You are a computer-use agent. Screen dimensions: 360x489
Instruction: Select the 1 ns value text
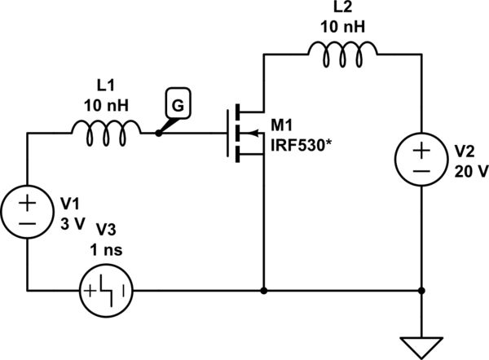105,250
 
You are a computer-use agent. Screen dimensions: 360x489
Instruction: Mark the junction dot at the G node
158,130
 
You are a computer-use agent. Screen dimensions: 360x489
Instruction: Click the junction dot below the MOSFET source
263,289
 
